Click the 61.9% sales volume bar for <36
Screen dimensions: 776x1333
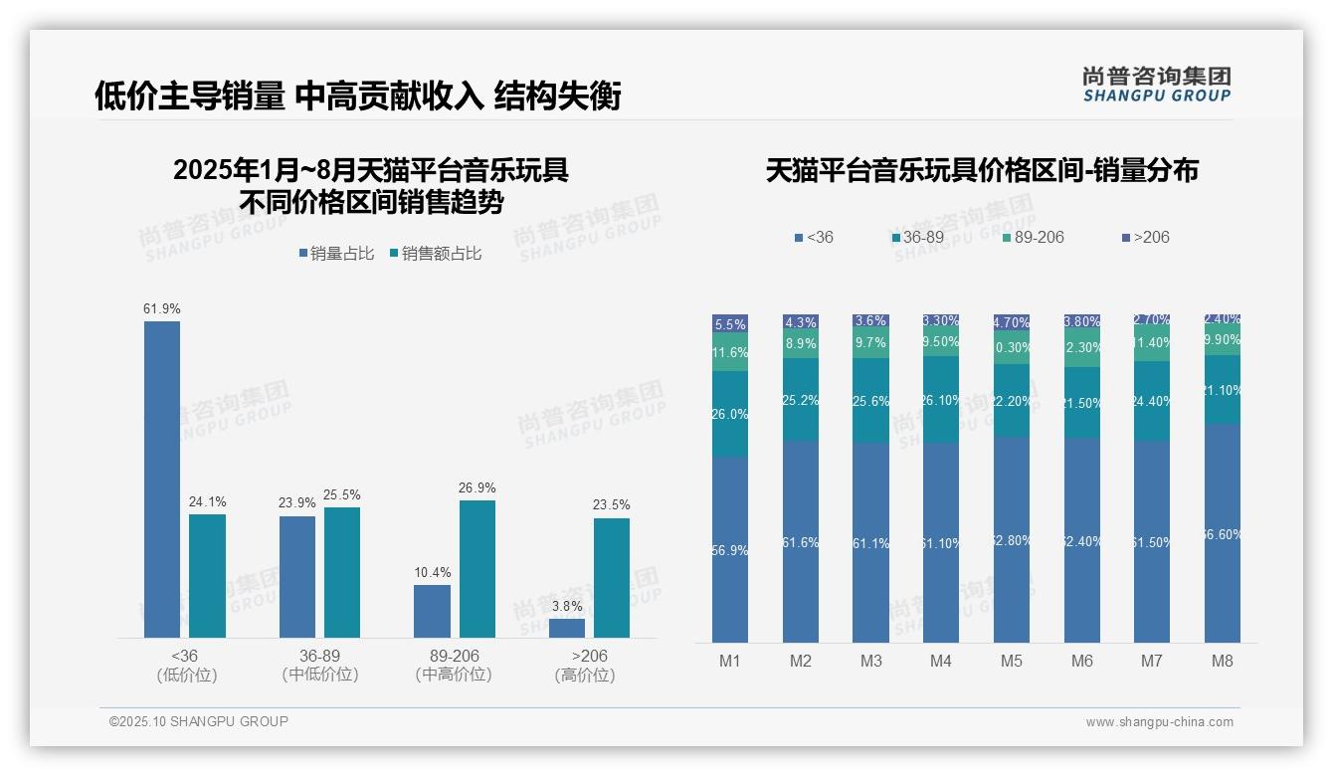point(162,479)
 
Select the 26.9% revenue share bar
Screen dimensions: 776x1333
point(476,568)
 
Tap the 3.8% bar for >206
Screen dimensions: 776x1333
point(566,628)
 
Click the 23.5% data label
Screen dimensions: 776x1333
point(611,504)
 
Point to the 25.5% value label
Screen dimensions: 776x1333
point(342,494)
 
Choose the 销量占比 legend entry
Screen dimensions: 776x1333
point(336,254)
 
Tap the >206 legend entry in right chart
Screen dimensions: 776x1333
point(1146,237)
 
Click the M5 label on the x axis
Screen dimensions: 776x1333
point(1011,662)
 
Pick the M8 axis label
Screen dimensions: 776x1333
point(1223,662)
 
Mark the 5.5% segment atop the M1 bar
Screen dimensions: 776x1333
point(730,324)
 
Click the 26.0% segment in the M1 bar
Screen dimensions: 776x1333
point(730,414)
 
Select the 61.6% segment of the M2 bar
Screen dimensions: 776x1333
point(801,542)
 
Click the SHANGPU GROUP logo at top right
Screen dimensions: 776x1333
point(1156,84)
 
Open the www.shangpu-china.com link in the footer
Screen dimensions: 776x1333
point(1159,722)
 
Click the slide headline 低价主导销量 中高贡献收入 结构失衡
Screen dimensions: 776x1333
point(357,97)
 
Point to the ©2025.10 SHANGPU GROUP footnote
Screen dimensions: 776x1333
point(199,721)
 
